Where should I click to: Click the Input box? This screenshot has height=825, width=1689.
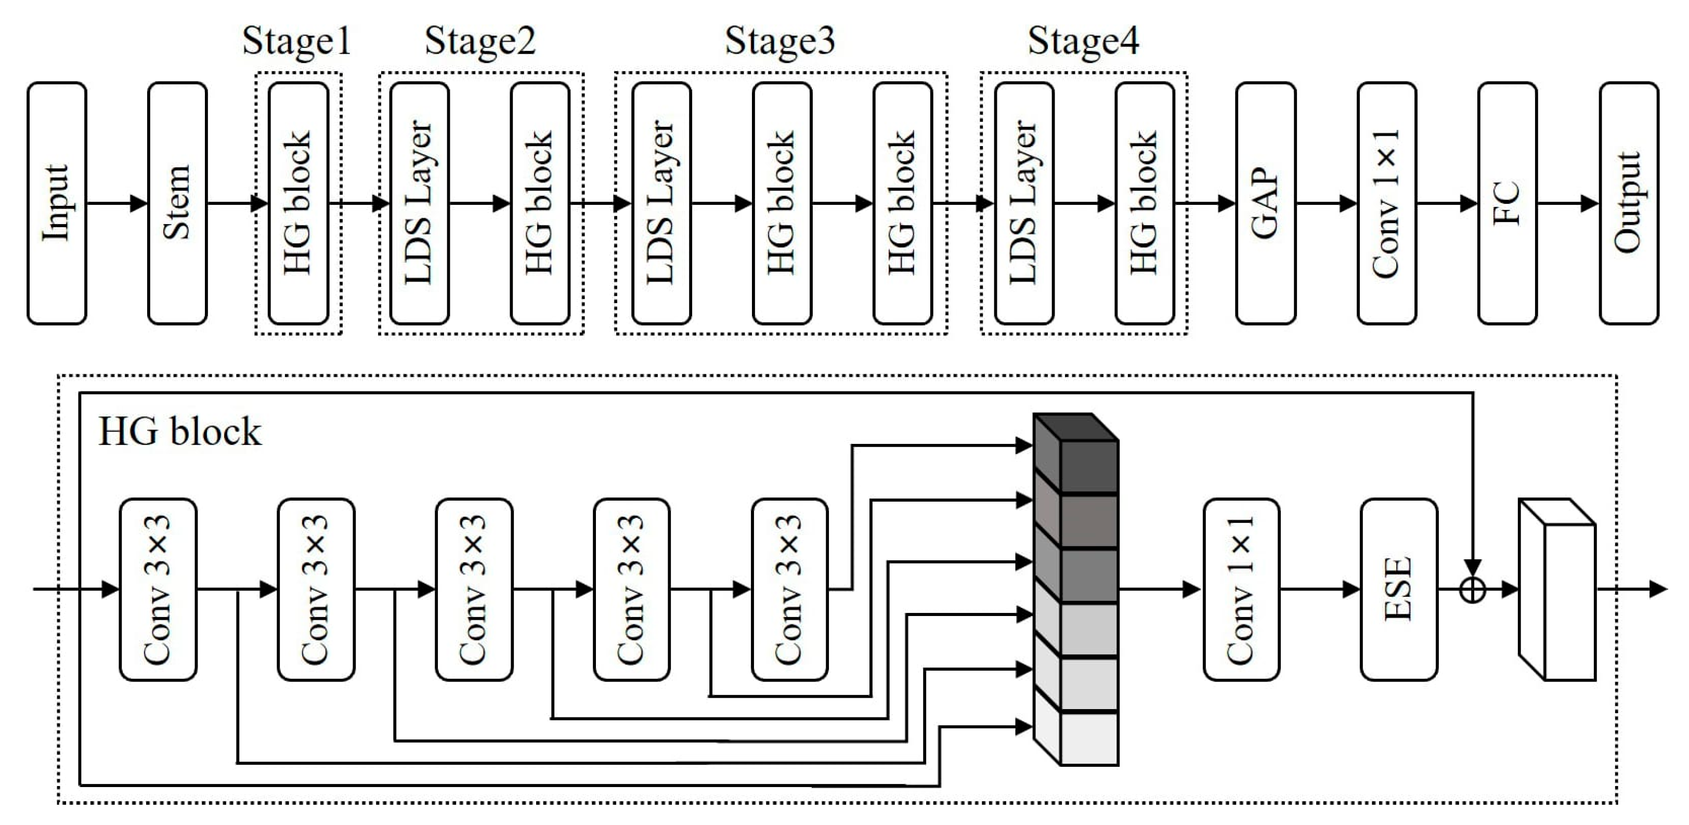pyautogui.click(x=56, y=203)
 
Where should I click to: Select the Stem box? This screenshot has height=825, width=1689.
pyautogui.click(x=177, y=203)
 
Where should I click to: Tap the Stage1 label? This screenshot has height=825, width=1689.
pyautogui.click(x=296, y=41)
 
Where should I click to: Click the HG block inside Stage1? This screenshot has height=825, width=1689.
pyautogui.click(x=298, y=203)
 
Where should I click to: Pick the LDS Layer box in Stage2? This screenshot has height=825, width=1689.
pyautogui.click(x=419, y=203)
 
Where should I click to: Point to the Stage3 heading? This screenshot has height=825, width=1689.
pyautogui.click(x=779, y=41)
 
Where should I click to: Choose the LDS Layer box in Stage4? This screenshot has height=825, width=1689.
pyautogui.click(x=1023, y=203)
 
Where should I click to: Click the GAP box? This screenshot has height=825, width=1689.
pyautogui.click(x=1265, y=203)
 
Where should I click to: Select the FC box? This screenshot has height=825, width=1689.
pyautogui.click(x=1506, y=203)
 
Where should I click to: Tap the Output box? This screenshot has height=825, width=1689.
pyautogui.click(x=1629, y=203)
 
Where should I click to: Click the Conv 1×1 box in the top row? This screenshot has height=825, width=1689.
pyautogui.click(x=1386, y=203)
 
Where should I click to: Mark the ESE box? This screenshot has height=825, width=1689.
pyautogui.click(x=1398, y=589)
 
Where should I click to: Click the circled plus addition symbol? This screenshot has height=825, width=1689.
pyautogui.click(x=1473, y=590)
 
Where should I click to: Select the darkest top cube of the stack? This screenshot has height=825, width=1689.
pyautogui.click(x=1088, y=465)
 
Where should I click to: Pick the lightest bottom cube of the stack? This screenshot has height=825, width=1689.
pyautogui.click(x=1088, y=738)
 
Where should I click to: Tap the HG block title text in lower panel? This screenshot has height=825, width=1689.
pyautogui.click(x=179, y=432)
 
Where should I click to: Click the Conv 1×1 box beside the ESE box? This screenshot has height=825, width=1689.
pyautogui.click(x=1241, y=589)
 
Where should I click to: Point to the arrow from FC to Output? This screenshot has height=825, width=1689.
pyautogui.click(x=1567, y=203)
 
